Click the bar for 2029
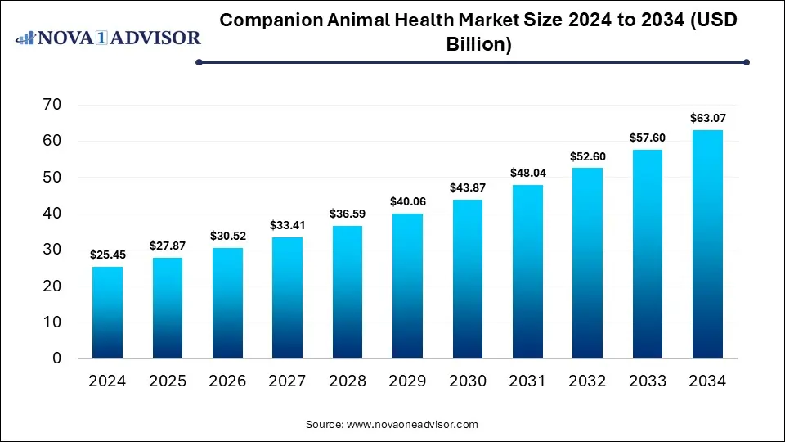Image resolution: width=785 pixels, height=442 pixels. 406,286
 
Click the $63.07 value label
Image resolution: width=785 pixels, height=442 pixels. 707,118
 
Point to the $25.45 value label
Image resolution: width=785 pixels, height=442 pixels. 106,255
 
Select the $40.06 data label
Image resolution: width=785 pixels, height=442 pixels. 406,201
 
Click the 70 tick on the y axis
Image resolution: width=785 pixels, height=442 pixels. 52,105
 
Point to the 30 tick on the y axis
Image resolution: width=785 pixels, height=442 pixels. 52,250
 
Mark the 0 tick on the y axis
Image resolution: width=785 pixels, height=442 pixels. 56,359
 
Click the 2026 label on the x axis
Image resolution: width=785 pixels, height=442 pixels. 227,381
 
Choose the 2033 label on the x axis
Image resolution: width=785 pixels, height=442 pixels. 647,381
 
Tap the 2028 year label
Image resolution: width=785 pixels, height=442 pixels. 347,381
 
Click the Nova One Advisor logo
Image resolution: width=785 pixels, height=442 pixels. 108,38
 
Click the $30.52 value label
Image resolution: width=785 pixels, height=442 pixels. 227,236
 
